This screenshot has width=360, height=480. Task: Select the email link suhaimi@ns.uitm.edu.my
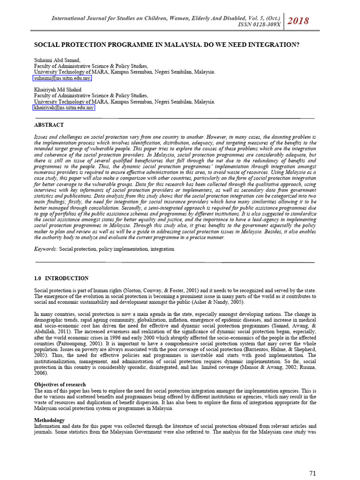click(63, 79)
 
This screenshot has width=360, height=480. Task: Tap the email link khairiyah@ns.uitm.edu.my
click(64, 107)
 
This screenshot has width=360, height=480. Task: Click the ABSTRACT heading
click(49, 125)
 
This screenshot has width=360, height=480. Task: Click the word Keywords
click(46, 249)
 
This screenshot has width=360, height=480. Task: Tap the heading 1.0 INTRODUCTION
click(61, 278)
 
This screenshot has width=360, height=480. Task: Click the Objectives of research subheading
click(60, 385)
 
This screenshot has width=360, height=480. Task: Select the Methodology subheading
click(50, 420)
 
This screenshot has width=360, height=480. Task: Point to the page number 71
click(314, 472)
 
